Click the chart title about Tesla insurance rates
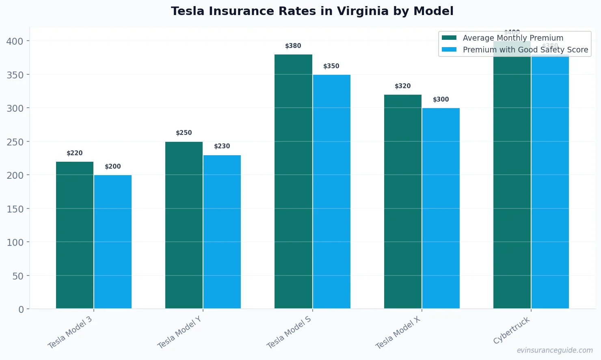click(x=312, y=11)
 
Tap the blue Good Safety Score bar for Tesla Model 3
click(x=113, y=242)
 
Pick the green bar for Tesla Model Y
click(x=184, y=225)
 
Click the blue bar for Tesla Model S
click(x=331, y=191)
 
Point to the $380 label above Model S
click(x=293, y=46)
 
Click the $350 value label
click(x=331, y=66)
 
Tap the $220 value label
click(x=74, y=153)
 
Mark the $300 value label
click(x=441, y=100)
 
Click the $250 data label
click(x=184, y=133)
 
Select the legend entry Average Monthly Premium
click(x=512, y=38)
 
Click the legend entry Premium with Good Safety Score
click(x=525, y=50)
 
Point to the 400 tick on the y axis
click(x=15, y=41)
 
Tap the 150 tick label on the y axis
click(x=15, y=209)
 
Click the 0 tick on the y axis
click(x=21, y=309)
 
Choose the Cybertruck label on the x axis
click(x=512, y=330)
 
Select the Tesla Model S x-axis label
click(x=289, y=332)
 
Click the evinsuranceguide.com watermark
click(x=555, y=350)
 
